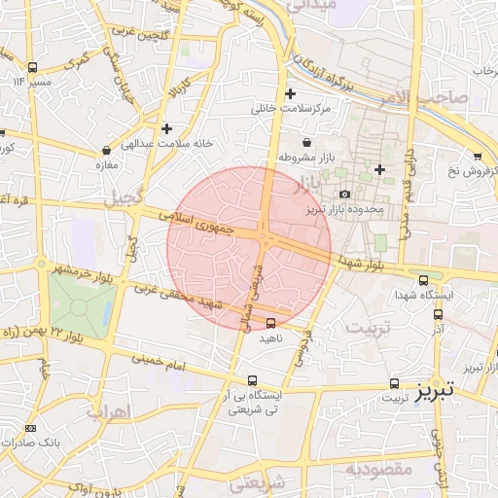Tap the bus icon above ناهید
tap(270, 322)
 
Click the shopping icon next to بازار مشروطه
tap(306, 143)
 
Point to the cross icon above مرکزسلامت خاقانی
tap(289, 94)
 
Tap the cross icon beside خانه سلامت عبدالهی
tap(167, 128)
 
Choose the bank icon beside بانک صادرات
tap(32, 428)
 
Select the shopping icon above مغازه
tap(105, 151)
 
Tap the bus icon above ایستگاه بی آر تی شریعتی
tap(253, 380)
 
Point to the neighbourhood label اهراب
tap(107, 411)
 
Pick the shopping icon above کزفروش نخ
tap(477, 157)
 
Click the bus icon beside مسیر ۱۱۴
tap(33, 67)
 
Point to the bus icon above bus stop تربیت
tap(394, 383)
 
